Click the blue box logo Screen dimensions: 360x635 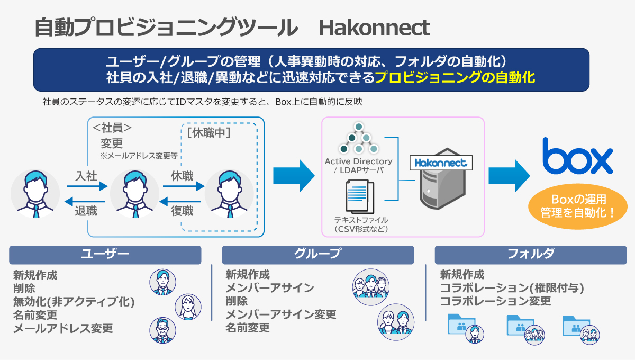tap(577, 157)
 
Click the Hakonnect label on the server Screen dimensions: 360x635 tap(440, 163)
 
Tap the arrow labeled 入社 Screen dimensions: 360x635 tap(87, 186)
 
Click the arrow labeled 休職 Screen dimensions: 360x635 tap(182, 186)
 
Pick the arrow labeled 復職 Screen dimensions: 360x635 tap(182, 201)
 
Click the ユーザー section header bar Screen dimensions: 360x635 tap(105, 255)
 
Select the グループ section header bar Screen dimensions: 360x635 tap(317, 255)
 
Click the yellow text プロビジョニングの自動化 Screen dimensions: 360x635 tap(455, 78)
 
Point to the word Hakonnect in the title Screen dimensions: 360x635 tap(374, 28)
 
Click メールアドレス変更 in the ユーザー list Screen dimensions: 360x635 tap(63, 329)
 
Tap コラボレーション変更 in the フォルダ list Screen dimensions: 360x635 tap(495, 301)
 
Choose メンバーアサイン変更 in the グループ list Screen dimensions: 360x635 tap(280, 314)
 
